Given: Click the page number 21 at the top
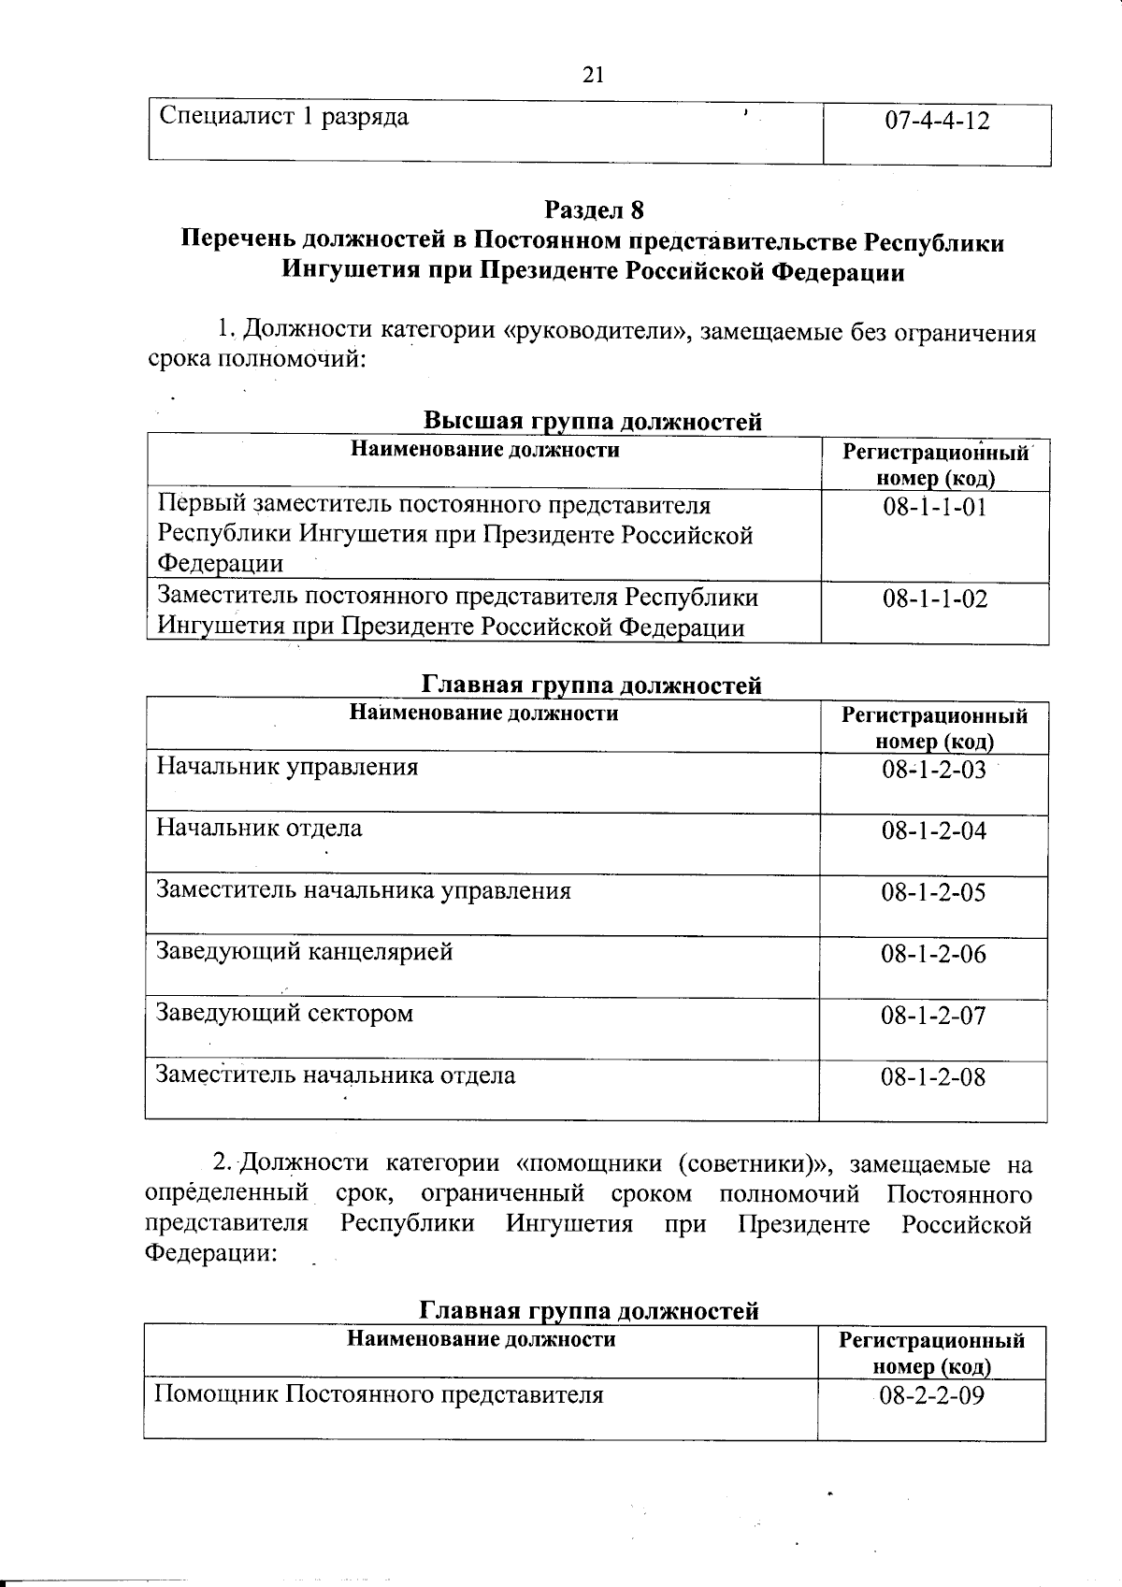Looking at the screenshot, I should coord(593,75).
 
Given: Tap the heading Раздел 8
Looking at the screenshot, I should coord(595,209).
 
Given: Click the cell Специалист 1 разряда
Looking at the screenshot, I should coord(284,117).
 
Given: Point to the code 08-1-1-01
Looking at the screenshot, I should coord(934,508).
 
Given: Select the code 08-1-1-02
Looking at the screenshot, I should coord(934,599).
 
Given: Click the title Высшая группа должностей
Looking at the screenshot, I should coord(593,422).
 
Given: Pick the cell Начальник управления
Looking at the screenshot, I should coord(287,768).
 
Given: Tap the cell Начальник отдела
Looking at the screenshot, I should coord(259,829).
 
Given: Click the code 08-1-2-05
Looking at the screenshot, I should coord(933,892).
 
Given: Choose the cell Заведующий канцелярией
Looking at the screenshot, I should coord(304,952).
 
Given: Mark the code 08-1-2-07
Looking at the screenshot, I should coord(933,1016).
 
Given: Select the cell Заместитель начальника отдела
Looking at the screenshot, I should coord(335,1075).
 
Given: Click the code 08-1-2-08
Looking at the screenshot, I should coord(933,1077).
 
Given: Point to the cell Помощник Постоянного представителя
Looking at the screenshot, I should coord(378,1395).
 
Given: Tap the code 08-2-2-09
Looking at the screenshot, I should coord(931,1396).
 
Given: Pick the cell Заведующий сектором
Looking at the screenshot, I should coord(284,1014).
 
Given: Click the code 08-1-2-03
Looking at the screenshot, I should coord(933,770).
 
